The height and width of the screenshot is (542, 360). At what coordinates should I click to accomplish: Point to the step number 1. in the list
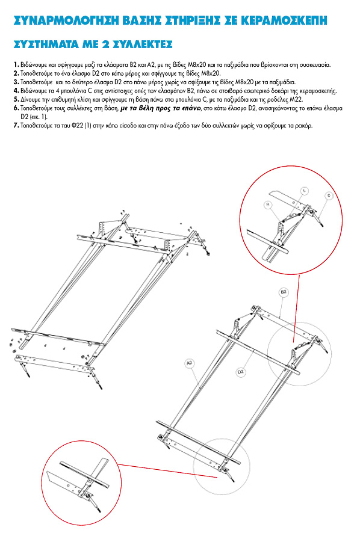(x=16, y=64)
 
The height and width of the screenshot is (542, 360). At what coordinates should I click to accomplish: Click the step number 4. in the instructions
(x=16, y=91)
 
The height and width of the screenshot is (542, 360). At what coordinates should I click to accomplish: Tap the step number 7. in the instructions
(x=16, y=126)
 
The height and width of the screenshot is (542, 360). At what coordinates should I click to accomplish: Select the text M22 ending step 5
(x=297, y=99)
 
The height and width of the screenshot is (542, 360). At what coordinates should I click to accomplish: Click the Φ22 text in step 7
(x=77, y=126)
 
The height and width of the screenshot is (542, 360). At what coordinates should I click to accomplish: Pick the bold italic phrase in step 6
(x=161, y=108)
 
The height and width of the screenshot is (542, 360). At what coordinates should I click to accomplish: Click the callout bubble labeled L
(x=305, y=191)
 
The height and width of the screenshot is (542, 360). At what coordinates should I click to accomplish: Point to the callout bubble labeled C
(x=329, y=196)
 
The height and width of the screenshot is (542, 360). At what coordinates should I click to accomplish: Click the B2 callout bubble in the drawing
(x=284, y=292)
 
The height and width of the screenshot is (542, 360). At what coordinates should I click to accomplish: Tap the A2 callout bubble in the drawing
(x=189, y=363)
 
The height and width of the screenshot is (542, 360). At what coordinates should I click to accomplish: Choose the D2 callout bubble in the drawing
(x=241, y=372)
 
